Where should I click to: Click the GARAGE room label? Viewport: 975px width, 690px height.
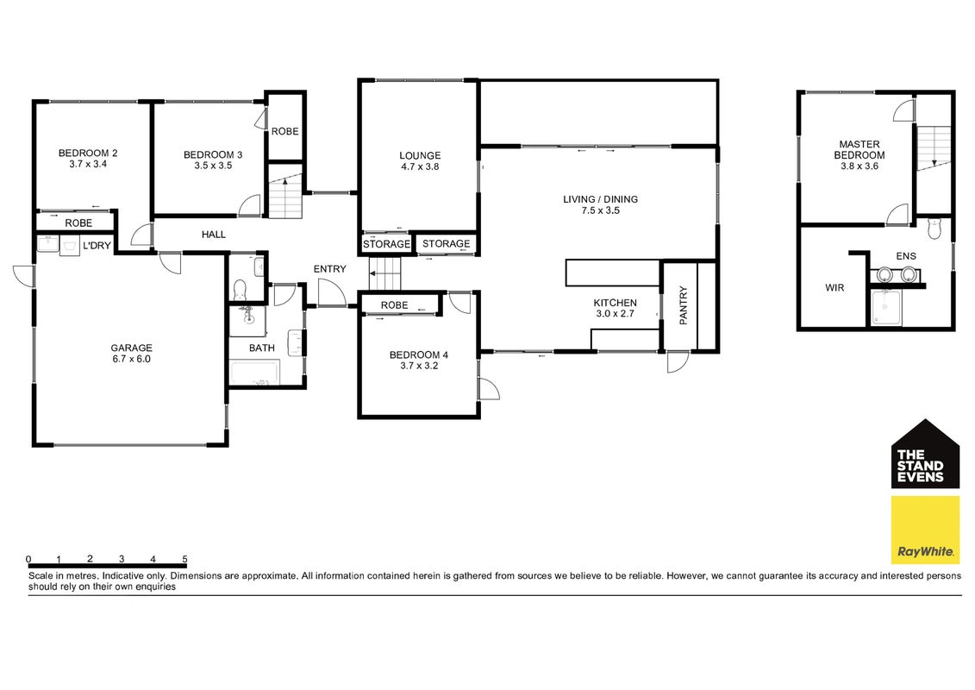click(x=131, y=348)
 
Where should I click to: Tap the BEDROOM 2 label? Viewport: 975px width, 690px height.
click(x=88, y=153)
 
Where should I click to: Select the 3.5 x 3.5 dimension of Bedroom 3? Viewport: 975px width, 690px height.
click(x=213, y=166)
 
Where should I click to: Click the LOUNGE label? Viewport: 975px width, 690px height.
click(x=420, y=155)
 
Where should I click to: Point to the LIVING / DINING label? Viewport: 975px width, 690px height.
click(x=600, y=199)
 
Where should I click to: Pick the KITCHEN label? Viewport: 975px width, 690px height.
click(x=615, y=303)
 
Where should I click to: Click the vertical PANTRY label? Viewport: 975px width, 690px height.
click(x=684, y=304)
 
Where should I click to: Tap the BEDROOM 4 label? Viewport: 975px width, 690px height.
click(x=418, y=354)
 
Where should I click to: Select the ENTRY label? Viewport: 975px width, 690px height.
click(x=329, y=269)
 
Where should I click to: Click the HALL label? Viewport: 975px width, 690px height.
click(x=213, y=235)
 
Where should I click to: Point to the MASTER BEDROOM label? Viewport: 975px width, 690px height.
click(x=859, y=149)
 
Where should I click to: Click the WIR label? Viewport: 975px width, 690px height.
click(x=834, y=288)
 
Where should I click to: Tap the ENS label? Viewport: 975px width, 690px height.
click(x=906, y=255)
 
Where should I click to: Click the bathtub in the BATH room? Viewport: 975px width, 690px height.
click(x=255, y=373)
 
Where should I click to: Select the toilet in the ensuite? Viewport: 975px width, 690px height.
click(x=934, y=228)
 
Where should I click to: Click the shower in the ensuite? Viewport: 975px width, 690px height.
click(x=886, y=308)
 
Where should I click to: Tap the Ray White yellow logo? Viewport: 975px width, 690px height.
click(x=925, y=530)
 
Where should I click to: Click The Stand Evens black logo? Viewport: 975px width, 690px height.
click(x=925, y=455)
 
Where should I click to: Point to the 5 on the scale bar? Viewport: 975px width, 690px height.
click(x=184, y=559)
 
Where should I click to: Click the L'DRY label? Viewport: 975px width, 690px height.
click(x=97, y=246)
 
